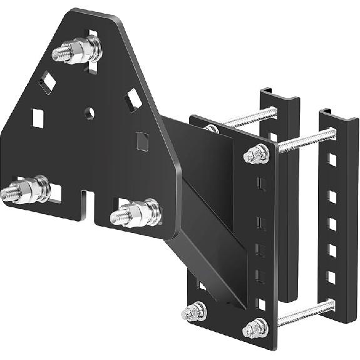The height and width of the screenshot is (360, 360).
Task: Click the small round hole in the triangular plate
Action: (x=90, y=113)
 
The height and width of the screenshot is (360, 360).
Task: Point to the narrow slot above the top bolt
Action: (x=93, y=35)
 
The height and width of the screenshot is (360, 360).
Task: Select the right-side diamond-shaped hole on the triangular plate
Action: (x=133, y=99)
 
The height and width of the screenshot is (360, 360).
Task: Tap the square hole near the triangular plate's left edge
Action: (x=38, y=117)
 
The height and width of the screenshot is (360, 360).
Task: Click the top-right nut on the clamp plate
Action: (x=254, y=153)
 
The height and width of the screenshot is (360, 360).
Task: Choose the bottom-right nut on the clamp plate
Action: (x=255, y=327)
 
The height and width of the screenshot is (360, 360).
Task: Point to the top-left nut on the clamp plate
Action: (x=212, y=129)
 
